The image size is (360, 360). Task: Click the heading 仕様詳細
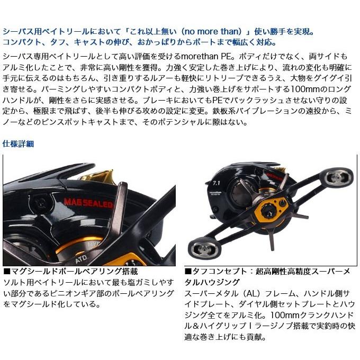click(19, 143)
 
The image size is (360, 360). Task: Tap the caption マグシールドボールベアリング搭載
click(71, 272)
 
